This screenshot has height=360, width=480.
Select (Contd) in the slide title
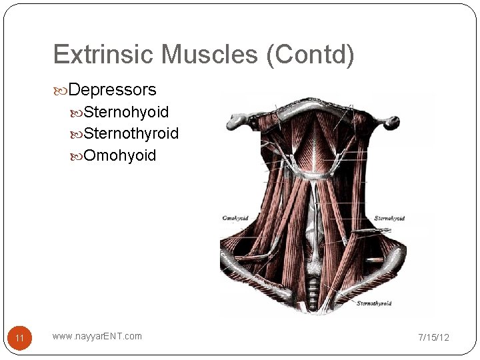[310, 55]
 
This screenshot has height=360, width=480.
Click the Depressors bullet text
[112, 89]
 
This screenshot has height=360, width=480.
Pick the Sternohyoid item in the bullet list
[126, 111]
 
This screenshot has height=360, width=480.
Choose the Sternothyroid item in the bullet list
[131, 133]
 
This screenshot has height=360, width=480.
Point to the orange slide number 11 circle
[19, 338]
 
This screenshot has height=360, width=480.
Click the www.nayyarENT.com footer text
[97, 336]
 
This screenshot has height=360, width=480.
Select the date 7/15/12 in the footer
[433, 337]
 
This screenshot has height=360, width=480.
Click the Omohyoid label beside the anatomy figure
[235, 218]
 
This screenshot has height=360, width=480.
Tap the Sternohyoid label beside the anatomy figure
[389, 218]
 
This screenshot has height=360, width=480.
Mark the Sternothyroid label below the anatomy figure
[373, 303]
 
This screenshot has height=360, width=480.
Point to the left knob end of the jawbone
[237, 121]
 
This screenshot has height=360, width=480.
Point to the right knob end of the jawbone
[392, 122]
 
